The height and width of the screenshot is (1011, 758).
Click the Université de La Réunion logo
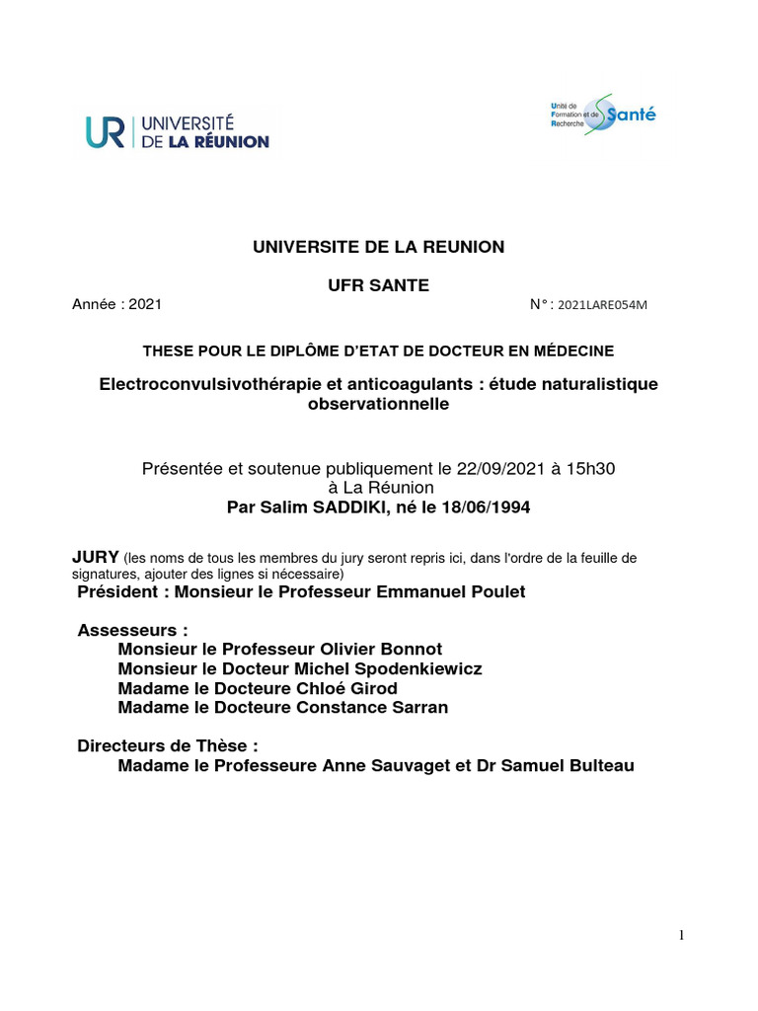pyautogui.click(x=177, y=131)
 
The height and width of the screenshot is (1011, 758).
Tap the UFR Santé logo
pyautogui.click(x=601, y=115)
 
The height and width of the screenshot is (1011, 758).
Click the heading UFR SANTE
pyautogui.click(x=379, y=285)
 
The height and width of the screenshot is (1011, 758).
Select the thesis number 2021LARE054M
pyautogui.click(x=603, y=305)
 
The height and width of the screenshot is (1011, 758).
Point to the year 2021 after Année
pyautogui.click(x=145, y=304)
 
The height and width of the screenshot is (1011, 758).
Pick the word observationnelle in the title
pyautogui.click(x=379, y=404)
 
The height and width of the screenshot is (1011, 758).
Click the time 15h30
pyautogui.click(x=603, y=466)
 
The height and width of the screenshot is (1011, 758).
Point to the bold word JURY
pyautogui.click(x=96, y=557)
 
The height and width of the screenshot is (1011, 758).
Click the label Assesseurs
pyautogui.click(x=132, y=629)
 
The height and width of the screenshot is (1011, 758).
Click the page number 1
pyautogui.click(x=681, y=937)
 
